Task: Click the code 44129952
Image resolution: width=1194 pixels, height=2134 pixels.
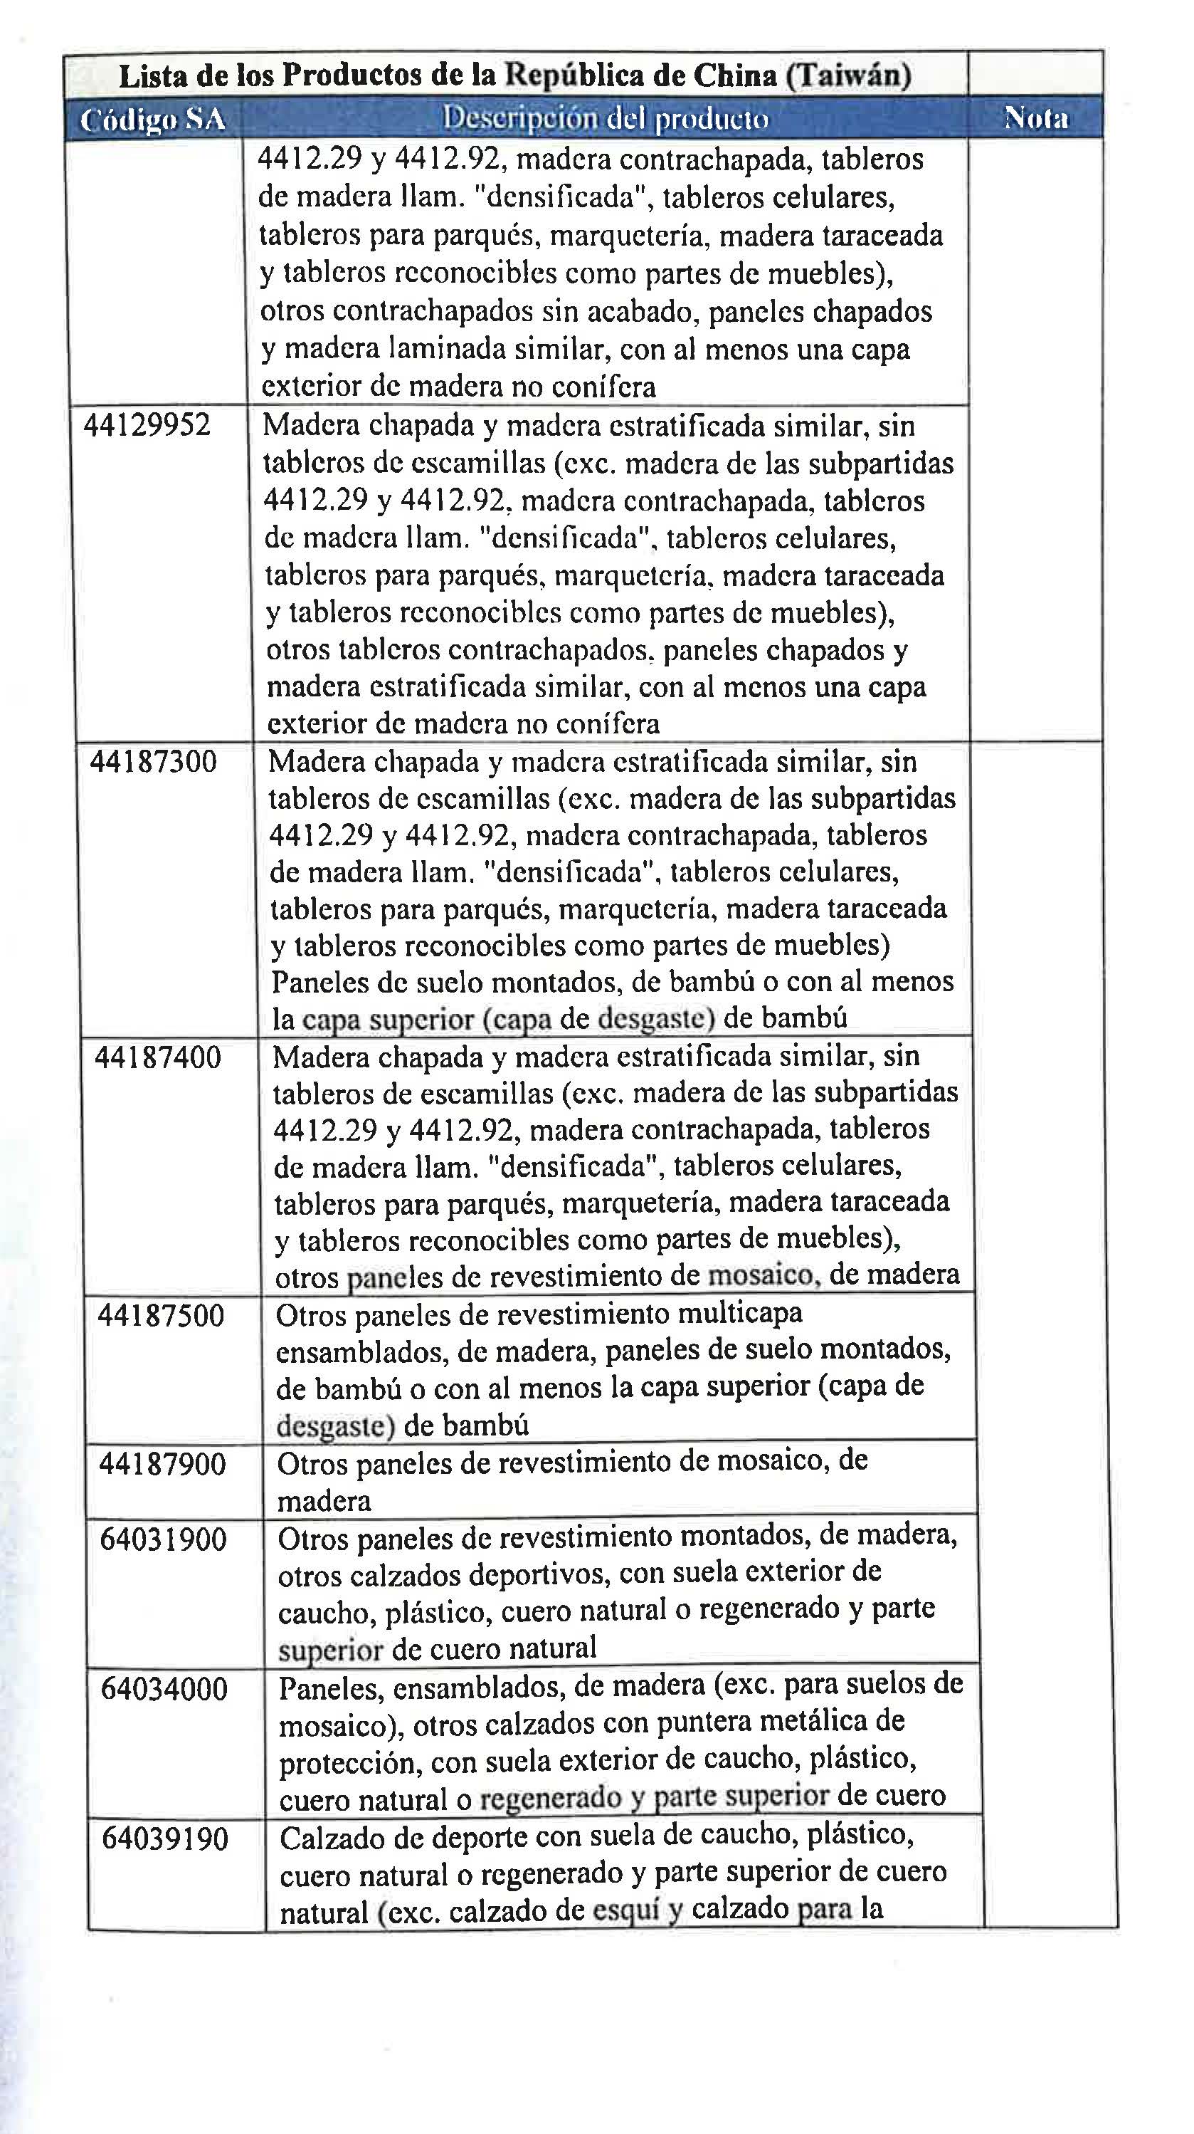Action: [147, 426]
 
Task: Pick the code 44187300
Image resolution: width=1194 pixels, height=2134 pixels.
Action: [153, 761]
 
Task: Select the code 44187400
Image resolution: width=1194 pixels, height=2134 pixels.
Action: [158, 1058]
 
